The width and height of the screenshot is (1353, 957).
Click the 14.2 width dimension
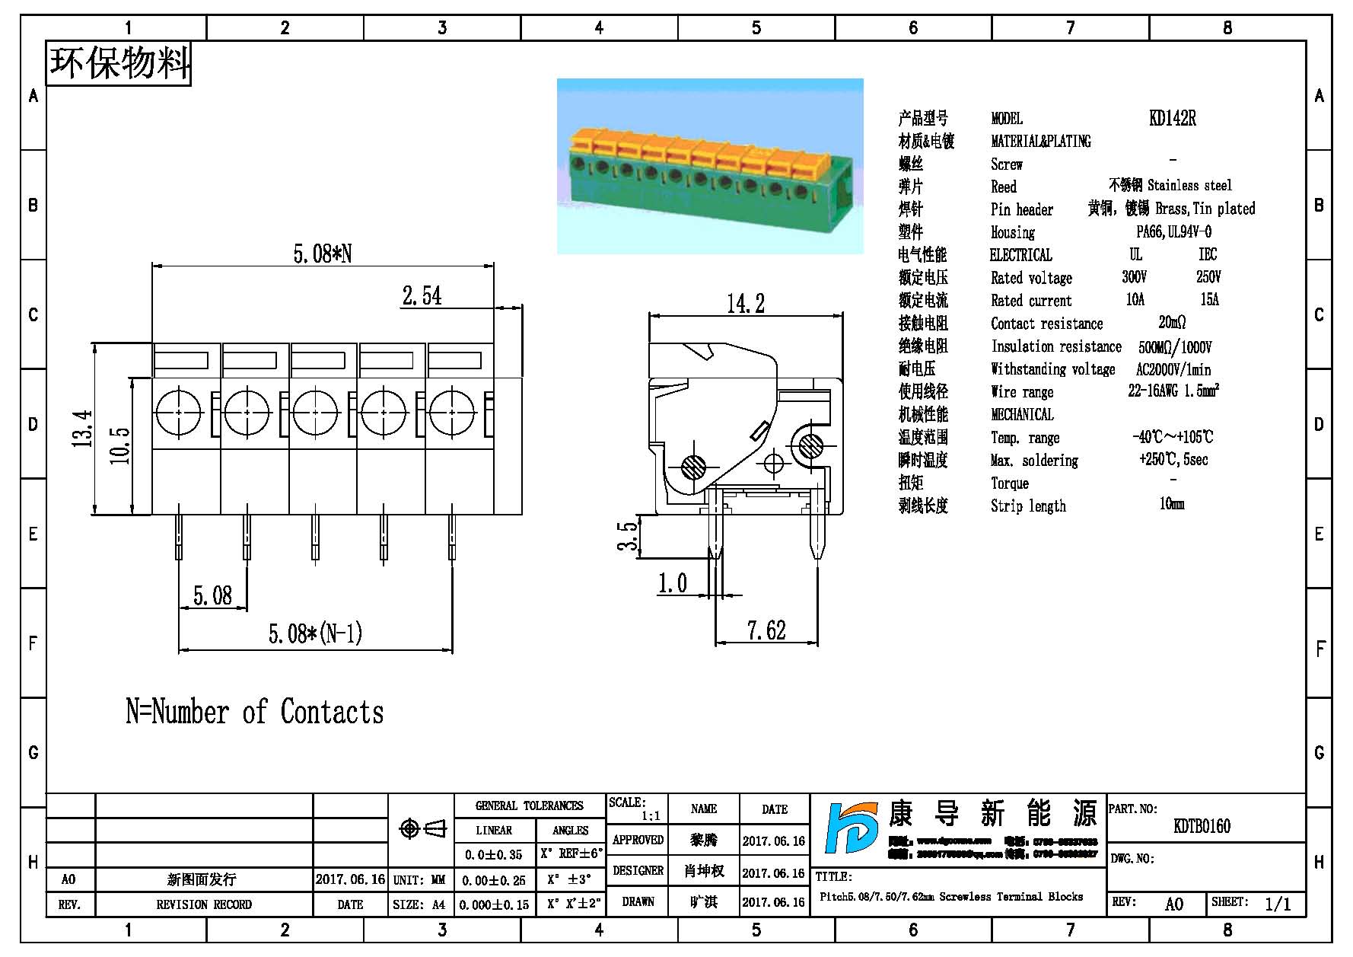coord(745,304)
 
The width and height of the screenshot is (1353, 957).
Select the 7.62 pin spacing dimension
coord(766,630)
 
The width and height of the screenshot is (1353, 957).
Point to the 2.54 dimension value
coord(422,295)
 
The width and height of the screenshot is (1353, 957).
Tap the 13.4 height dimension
coord(83,428)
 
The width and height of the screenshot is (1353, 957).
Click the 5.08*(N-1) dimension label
coord(315,633)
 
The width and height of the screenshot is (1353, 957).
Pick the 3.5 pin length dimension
coord(628,536)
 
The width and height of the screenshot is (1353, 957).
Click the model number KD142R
coord(1172,118)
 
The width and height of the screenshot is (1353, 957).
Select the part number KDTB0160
coord(1202,826)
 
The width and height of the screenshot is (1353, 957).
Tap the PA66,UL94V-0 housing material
coord(1173,231)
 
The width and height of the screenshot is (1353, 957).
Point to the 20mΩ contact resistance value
coord(1172,323)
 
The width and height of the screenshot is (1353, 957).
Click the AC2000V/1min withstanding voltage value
coord(1173,369)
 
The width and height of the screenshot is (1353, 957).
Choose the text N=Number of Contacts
coord(255,712)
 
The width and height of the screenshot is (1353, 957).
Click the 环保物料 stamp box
coord(119,63)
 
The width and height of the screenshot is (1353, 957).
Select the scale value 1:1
coord(651,816)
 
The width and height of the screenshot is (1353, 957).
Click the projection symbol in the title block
coord(422,828)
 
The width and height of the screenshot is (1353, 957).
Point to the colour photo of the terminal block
coord(710,166)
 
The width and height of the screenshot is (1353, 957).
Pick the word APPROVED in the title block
coord(638,840)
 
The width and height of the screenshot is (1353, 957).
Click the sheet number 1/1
coord(1278,904)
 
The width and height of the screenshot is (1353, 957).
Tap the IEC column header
coord(1208,254)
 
